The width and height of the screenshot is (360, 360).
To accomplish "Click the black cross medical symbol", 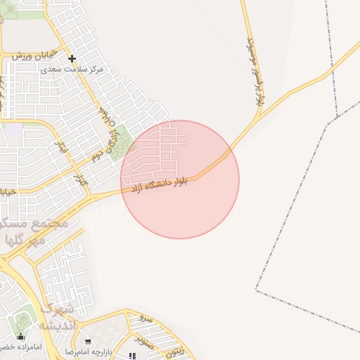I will [x=72, y=58].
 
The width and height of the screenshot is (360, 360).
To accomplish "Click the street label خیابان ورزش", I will [x=28, y=56].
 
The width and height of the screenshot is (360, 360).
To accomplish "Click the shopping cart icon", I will [x=87, y=342].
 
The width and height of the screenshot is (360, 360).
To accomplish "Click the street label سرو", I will [x=146, y=319].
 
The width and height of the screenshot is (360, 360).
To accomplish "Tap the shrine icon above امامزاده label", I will [x=20, y=336].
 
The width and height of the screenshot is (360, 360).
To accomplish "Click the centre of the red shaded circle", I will [x=180, y=179].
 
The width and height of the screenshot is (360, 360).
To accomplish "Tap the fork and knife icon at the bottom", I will [x=133, y=356].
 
